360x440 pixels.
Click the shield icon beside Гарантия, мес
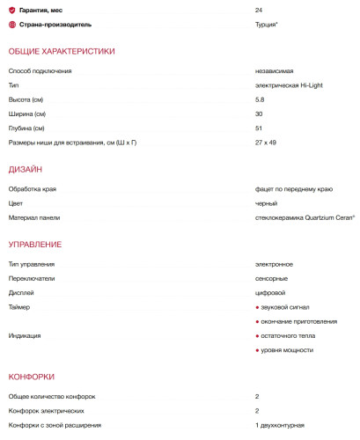coord(12,9)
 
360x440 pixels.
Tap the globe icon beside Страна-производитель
coord(12,24)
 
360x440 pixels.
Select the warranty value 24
coord(258,9)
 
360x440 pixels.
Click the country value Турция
coord(266,24)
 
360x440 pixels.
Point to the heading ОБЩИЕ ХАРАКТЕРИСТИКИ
coord(62,52)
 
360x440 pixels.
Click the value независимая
coord(274,70)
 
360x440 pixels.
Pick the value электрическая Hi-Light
coord(289,85)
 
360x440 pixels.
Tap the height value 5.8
coord(259,99)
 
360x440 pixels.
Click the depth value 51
coord(258,128)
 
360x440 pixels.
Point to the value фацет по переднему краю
coord(293,187)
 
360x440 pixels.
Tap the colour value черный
coord(266,202)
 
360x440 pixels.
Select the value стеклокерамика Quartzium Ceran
coord(298,216)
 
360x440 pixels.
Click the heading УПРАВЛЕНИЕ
coord(35,243)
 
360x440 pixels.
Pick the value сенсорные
coord(271,278)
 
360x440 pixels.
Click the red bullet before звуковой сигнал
coord(257,307)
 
